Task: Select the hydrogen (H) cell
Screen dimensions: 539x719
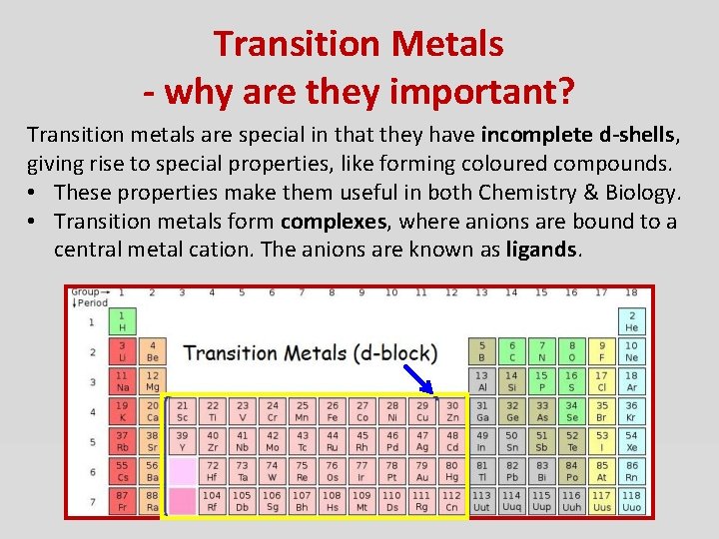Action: [122, 321]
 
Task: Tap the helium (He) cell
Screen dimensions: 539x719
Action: [631, 321]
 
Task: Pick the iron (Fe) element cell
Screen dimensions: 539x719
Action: [332, 411]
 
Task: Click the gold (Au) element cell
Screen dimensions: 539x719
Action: [421, 470]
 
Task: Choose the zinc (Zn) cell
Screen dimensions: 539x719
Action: [451, 411]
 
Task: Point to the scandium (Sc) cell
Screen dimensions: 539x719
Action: [182, 411]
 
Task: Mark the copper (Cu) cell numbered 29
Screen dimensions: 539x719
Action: [421, 411]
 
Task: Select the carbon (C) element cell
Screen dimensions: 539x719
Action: [511, 351]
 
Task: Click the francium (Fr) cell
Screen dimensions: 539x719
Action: [122, 500]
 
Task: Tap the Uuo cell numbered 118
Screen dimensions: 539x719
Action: [631, 500]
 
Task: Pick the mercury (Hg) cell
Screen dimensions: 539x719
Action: [451, 470]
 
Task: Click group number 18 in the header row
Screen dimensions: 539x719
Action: [631, 293]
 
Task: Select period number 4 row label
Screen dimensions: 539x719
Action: [90, 411]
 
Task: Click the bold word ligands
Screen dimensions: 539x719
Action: [542, 249]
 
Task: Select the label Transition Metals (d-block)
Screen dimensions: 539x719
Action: [310, 352]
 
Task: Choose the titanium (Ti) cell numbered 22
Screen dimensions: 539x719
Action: [212, 411]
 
